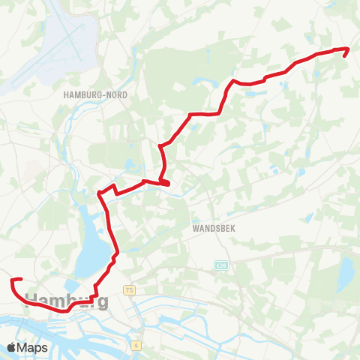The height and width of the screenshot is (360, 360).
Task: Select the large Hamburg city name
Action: point(67,301)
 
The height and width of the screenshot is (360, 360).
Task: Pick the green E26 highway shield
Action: point(220,265)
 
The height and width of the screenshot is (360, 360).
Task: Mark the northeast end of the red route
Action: point(346,49)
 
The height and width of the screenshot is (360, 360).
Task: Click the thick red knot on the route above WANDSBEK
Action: point(163,182)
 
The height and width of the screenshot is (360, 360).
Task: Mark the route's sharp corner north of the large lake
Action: point(100,193)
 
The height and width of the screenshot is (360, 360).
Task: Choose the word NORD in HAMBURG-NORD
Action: point(115,95)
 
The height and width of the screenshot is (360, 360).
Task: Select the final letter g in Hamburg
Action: point(101,303)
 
